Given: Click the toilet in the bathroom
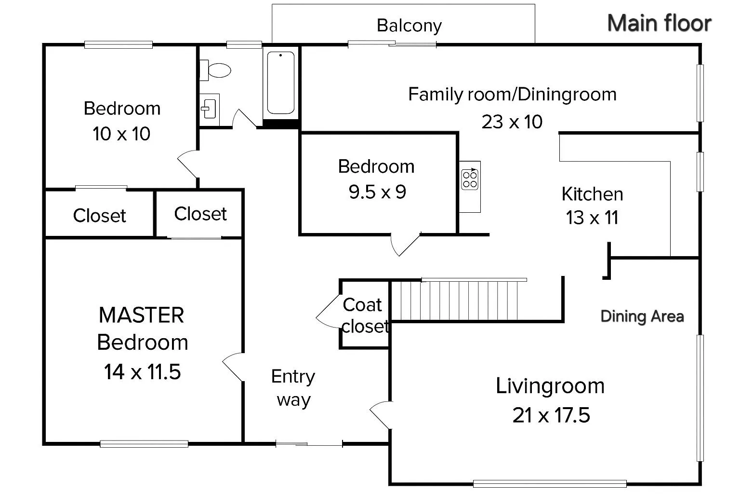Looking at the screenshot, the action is click(215, 70).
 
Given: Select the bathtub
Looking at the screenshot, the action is click(281, 83).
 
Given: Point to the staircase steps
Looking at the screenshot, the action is click(459, 301).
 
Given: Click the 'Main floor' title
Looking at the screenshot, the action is click(660, 23).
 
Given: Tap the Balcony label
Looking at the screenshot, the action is click(409, 26).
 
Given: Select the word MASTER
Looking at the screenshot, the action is click(141, 315).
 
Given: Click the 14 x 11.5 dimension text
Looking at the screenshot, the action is click(143, 371).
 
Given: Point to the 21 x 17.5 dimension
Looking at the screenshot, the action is click(551, 415).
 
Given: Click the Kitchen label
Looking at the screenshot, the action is click(592, 194).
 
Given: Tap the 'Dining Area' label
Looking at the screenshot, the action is click(642, 316).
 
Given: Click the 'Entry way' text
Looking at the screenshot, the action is click(293, 388).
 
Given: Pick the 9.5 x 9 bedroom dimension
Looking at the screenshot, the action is click(377, 192).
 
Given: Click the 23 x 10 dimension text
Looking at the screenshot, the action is click(512, 122).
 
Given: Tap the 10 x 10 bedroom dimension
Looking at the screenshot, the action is click(121, 134).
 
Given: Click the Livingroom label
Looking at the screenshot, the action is click(550, 386).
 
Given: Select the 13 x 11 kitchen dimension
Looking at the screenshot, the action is click(592, 218).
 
